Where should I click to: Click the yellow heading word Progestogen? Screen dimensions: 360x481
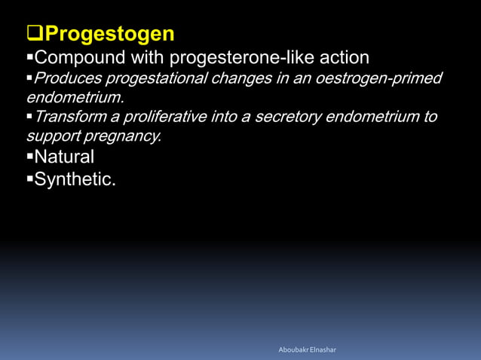[110, 34]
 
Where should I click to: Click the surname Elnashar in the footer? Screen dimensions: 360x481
[324, 349]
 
